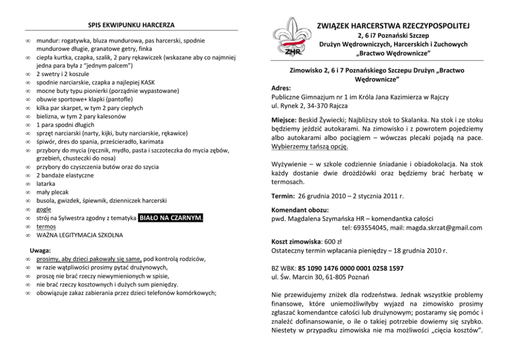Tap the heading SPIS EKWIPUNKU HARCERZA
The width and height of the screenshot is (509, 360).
tap(131, 25)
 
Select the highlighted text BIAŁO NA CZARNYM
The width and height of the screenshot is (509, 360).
tap(171, 218)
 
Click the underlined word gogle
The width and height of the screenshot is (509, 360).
tap(44, 210)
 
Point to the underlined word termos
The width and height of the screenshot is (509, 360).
tap(46, 226)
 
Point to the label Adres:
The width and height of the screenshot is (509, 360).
tap(281, 88)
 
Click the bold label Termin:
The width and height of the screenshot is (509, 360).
tap(283, 196)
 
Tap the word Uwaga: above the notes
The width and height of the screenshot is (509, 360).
tap(40, 251)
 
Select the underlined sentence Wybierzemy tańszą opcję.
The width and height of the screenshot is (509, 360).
tap(310, 146)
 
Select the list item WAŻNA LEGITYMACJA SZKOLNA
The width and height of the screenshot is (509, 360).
tap(80, 235)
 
